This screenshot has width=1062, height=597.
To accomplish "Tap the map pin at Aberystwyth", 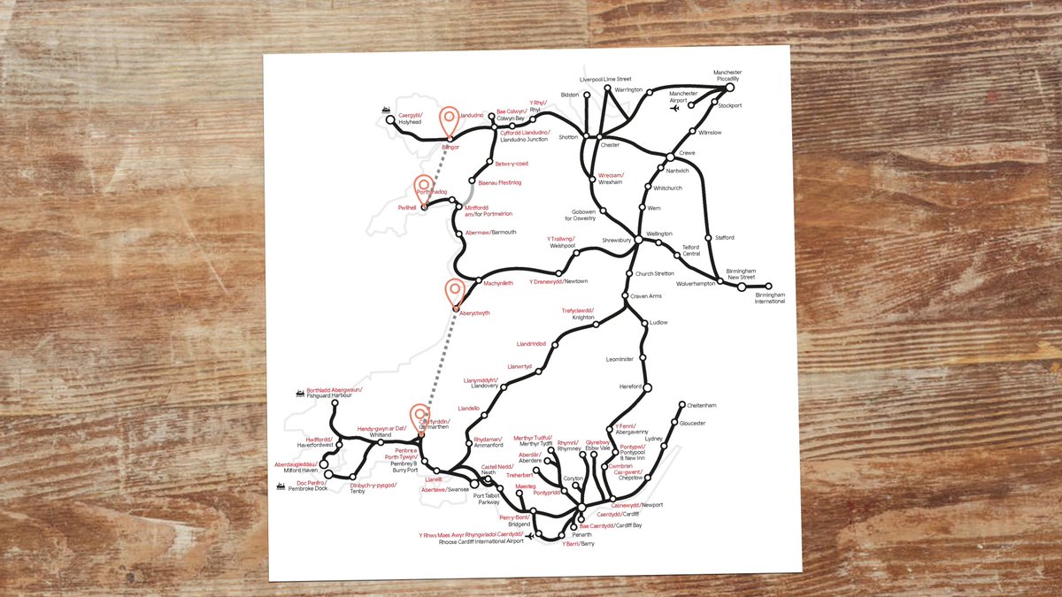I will (x=455, y=292).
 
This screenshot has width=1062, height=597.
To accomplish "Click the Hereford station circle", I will (x=647, y=387).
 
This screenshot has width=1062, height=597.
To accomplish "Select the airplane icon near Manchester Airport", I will (x=675, y=111).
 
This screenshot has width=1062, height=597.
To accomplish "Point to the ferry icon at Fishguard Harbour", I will (x=299, y=393).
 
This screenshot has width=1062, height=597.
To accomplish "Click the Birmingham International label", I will (x=769, y=298).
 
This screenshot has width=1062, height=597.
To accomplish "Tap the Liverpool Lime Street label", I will (x=606, y=79).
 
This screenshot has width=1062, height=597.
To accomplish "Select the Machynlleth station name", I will (x=500, y=284).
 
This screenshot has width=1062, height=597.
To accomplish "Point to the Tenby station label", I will (x=358, y=491).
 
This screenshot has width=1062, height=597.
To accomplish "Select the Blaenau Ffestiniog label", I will (x=500, y=183).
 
